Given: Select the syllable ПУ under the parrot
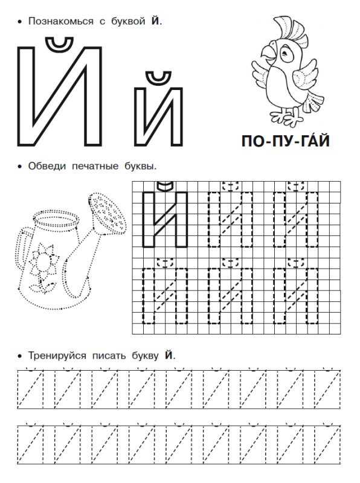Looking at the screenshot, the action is click(282, 144).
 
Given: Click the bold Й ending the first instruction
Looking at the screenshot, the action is click(156, 21).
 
